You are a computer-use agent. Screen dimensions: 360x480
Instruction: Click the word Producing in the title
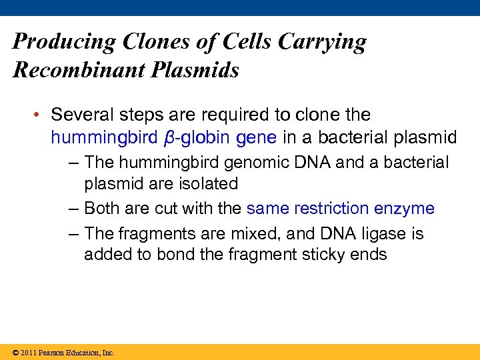[x=64, y=43]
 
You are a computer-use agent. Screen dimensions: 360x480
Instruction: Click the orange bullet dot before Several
[x=40, y=115]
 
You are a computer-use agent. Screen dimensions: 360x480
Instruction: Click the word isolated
[x=208, y=183]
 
